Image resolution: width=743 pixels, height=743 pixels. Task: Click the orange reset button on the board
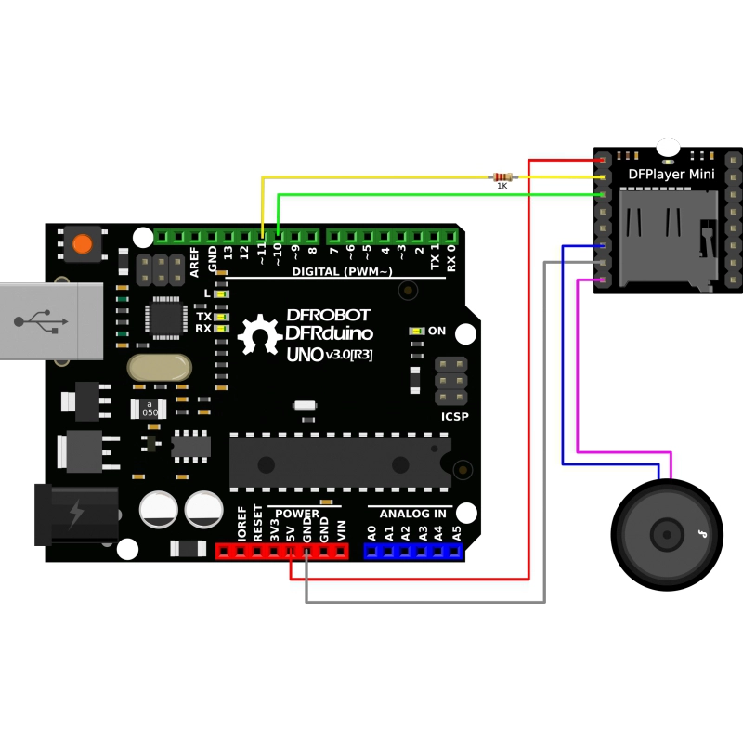coord(83,244)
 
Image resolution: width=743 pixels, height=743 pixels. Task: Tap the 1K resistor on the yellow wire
coord(502,177)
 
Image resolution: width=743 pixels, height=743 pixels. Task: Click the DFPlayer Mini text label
coord(671,175)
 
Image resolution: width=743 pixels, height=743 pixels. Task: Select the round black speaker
coord(667,535)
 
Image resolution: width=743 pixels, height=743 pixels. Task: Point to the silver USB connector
coord(51,321)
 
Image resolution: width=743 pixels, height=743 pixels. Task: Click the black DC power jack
coord(77,515)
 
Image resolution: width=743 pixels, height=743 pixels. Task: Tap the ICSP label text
coord(455,416)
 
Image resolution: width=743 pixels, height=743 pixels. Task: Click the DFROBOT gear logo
coord(259,335)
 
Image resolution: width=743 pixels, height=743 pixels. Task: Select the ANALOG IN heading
coord(412,514)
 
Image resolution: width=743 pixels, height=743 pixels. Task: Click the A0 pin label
coord(372,533)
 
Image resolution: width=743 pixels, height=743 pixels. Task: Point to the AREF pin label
coord(194,262)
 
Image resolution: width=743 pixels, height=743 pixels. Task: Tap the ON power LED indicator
coord(416,331)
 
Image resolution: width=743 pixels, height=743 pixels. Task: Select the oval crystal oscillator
coord(160,368)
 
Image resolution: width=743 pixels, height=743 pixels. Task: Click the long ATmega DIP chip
coord(340,463)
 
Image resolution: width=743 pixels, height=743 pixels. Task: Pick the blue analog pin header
coord(412,552)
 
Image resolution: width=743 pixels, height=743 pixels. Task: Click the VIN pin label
coord(342,530)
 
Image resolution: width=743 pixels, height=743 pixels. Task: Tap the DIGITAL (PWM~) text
coord(342,271)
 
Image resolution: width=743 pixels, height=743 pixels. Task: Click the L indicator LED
coord(221,294)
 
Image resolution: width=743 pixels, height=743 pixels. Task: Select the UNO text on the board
coord(306,355)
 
